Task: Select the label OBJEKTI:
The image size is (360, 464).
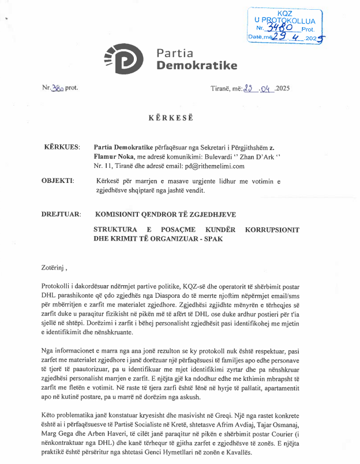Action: click(x=58, y=181)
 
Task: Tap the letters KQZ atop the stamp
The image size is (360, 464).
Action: click(x=284, y=12)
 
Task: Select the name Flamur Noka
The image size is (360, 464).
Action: click(x=112, y=156)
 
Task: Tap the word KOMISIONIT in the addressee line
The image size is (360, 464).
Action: click(x=123, y=214)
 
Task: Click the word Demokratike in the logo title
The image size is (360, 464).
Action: click(x=197, y=66)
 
